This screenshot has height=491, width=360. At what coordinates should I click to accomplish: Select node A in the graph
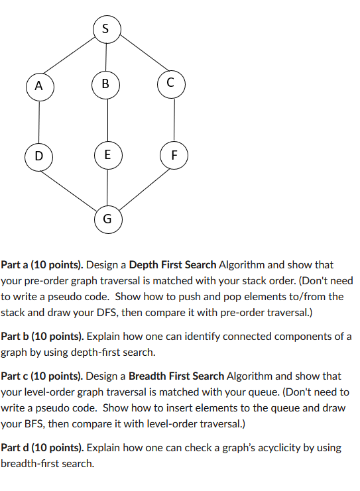39,85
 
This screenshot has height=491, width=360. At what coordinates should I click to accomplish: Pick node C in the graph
171,83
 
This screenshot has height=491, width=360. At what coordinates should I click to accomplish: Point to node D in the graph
39,156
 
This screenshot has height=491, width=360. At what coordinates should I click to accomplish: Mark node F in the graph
174,156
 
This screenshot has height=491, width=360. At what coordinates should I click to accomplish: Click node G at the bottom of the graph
107,217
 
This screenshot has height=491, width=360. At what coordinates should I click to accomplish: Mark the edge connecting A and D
39,121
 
